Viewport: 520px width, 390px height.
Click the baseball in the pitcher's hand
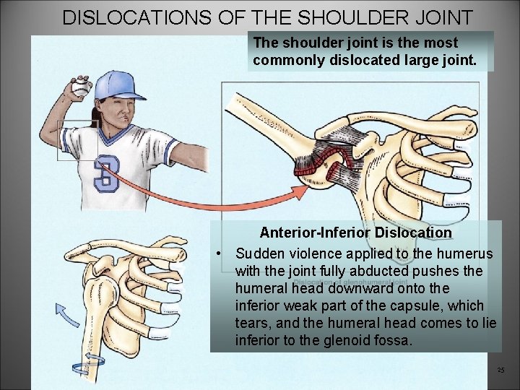[x=80, y=88]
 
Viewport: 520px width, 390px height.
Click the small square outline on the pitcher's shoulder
[x=77, y=140]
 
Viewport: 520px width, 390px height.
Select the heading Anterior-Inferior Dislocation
[x=355, y=233]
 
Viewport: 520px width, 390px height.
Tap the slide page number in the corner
[x=500, y=370]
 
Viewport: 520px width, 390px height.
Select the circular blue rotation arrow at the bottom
[x=92, y=360]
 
